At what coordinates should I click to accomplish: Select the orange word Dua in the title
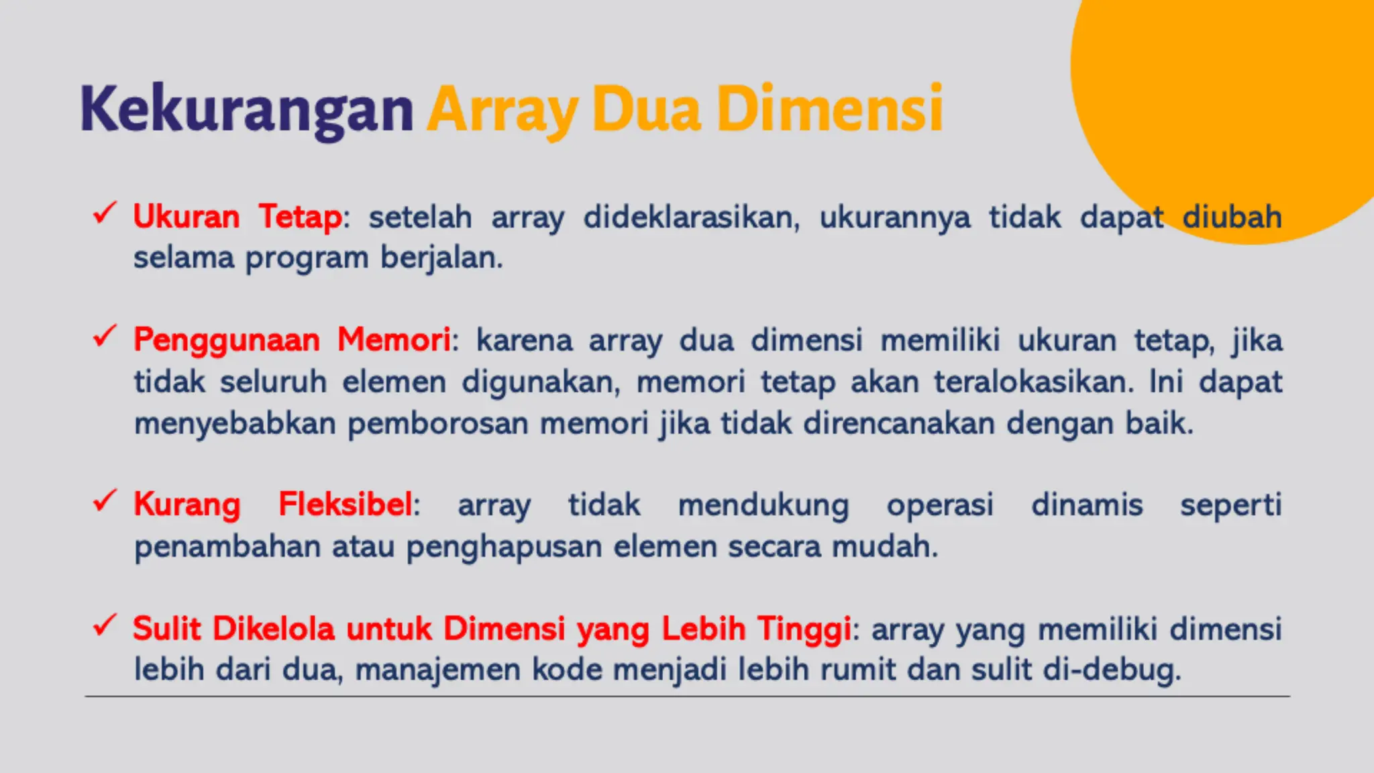646,109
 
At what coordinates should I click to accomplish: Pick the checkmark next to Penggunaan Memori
105,336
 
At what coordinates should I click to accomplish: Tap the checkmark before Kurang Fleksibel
105,501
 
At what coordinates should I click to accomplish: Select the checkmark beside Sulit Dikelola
105,625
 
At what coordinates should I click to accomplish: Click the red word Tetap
301,217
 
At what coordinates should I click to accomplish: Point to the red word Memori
394,340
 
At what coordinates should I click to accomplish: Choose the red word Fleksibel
346,504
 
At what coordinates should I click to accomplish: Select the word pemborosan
437,423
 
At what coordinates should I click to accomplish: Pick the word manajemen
437,670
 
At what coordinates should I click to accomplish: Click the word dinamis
1087,505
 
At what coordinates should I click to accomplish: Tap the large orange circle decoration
1241,101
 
